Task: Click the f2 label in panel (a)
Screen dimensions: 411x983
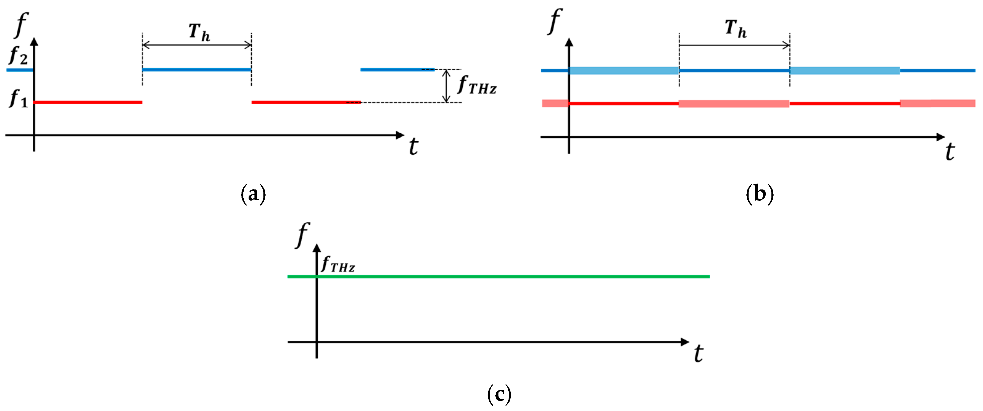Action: tap(18, 56)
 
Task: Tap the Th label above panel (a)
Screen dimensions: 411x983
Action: tap(199, 32)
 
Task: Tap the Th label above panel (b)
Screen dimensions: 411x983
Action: tap(735, 29)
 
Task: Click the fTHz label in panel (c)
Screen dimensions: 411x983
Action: tap(338, 264)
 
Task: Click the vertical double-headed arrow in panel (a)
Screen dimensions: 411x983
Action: tap(446, 86)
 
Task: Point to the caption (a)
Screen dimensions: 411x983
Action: tap(253, 194)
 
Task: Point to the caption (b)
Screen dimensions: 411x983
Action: tap(759, 194)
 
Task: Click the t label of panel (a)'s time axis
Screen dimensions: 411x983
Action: tap(413, 146)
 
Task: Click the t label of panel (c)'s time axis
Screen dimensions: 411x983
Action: tap(698, 353)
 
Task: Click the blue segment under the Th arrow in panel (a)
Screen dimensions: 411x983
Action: tap(196, 69)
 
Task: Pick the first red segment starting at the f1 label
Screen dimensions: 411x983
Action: tap(88, 102)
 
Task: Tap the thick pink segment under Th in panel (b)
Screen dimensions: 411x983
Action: tap(733, 103)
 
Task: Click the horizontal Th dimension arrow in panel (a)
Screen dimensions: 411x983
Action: tap(196, 45)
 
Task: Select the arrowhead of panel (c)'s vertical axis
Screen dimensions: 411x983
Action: tap(316, 248)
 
